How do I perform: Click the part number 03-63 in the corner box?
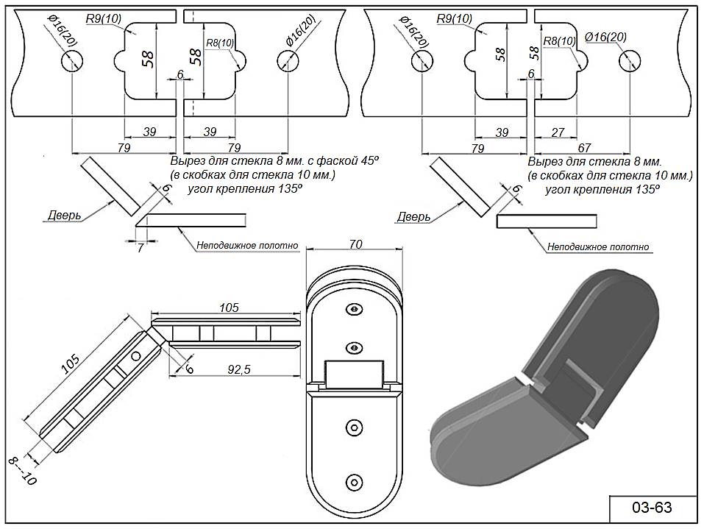coord(652,508)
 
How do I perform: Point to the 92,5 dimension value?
coord(235,370)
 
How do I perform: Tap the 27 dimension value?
coord(557,132)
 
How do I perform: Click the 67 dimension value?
coord(584,149)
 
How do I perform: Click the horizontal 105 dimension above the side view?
coord(229,308)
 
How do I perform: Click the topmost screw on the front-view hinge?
coord(355,309)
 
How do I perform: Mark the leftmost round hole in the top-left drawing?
coord(72,62)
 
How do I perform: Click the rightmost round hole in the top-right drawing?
coord(627,62)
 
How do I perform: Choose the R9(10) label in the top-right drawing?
coord(454,18)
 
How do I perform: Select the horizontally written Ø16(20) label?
coord(605,37)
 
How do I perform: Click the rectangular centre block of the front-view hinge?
coord(355,374)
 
